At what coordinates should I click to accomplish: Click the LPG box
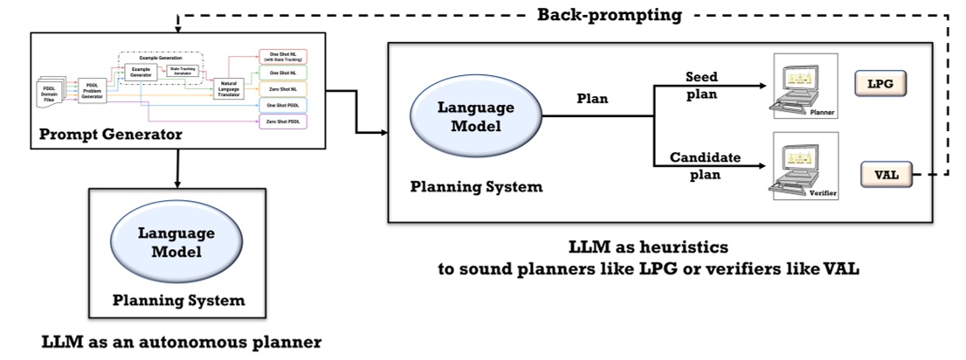(x=880, y=85)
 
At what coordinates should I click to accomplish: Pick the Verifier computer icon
(x=802, y=167)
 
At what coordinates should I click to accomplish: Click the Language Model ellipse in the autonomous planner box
(x=177, y=243)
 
